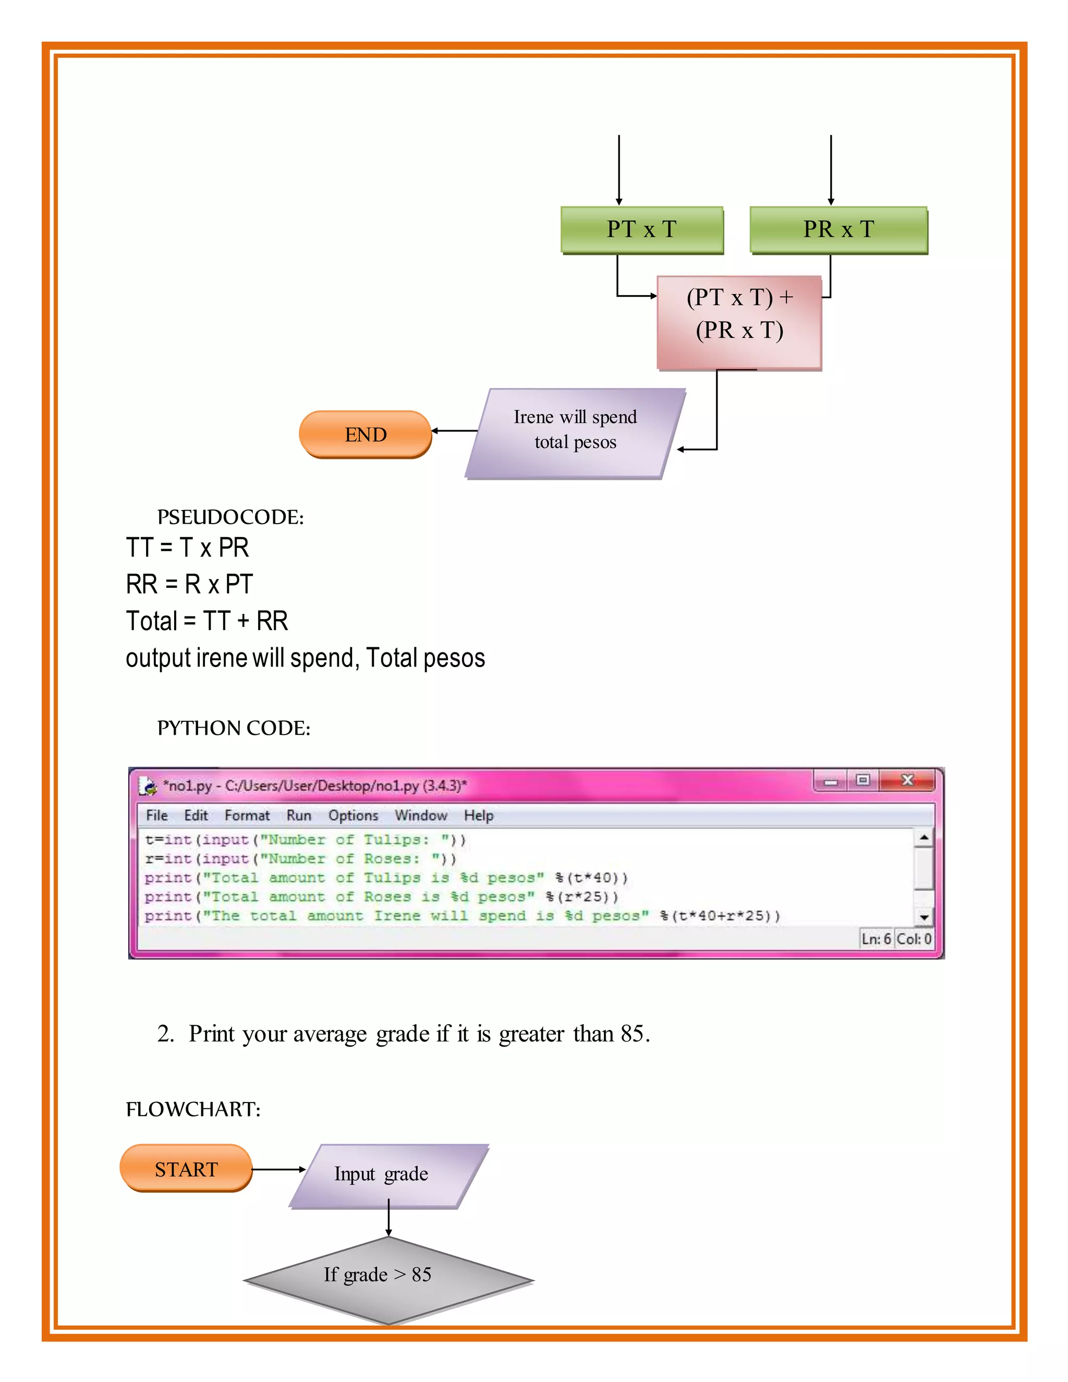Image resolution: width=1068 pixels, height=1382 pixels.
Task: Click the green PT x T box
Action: tap(641, 229)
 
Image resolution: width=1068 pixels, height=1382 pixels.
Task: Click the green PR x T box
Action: tap(839, 229)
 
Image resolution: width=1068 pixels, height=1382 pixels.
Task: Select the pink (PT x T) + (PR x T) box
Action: tap(739, 322)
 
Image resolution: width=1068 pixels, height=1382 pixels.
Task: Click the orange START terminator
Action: tap(186, 1169)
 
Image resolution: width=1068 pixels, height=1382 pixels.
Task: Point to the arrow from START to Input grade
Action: tap(278, 1169)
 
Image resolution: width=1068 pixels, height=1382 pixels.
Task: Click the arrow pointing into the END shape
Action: tap(454, 431)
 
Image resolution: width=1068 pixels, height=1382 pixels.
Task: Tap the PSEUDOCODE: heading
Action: tap(230, 517)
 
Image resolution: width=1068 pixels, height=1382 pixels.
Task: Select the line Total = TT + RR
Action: tap(207, 621)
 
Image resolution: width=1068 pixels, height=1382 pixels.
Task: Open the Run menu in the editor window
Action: tap(299, 815)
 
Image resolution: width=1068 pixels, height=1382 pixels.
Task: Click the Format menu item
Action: tap(247, 815)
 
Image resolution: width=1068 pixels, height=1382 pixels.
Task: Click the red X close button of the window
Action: tap(907, 780)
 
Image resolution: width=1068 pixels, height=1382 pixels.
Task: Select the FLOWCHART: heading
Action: tap(193, 1109)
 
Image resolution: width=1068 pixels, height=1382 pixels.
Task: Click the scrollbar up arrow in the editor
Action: tap(924, 838)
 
